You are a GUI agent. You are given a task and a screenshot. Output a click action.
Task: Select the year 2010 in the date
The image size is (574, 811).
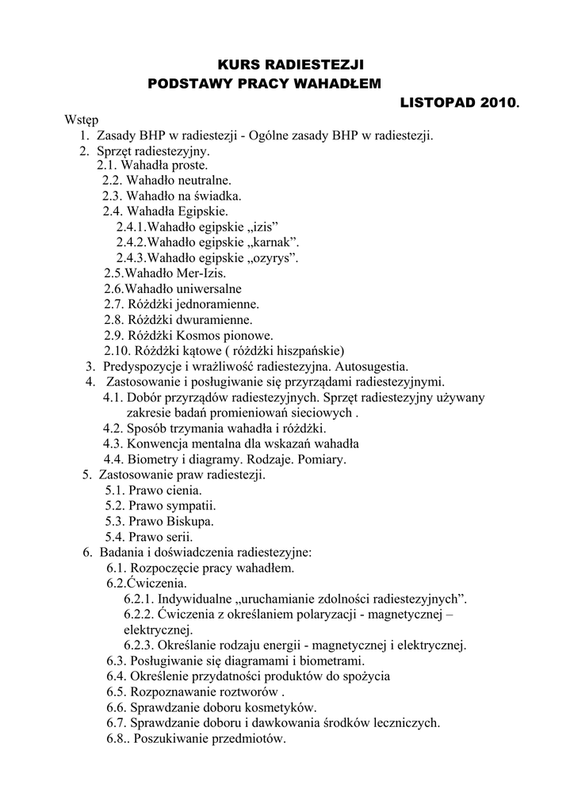tap(495, 103)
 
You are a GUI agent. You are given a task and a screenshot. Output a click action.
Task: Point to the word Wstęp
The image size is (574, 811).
tap(81, 120)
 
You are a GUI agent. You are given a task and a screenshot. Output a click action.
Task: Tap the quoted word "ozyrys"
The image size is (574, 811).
tap(272, 258)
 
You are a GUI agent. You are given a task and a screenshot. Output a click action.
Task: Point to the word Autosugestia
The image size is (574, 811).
tap(372, 366)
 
